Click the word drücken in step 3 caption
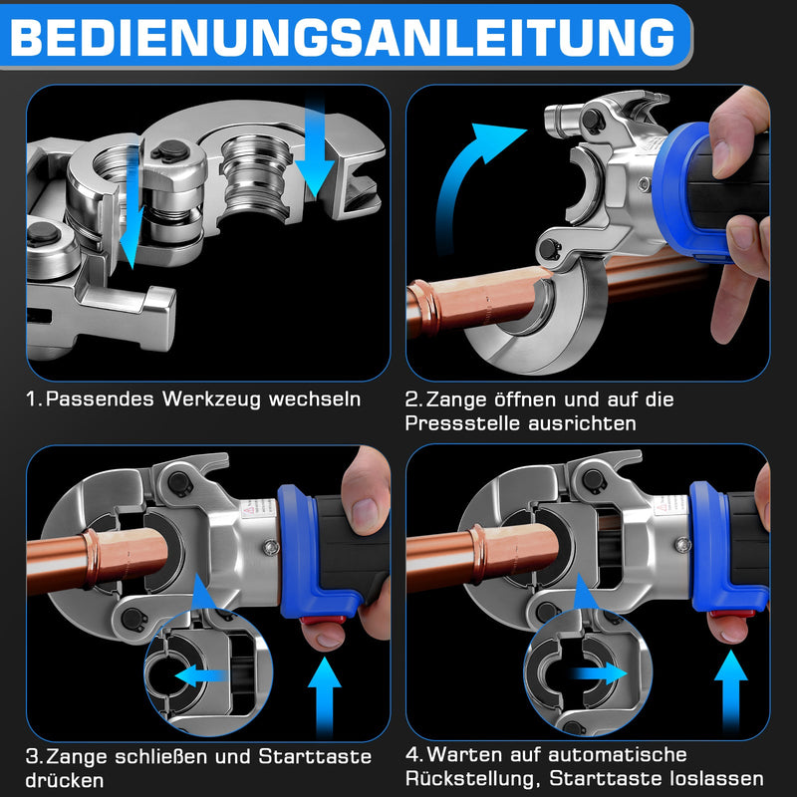(66, 781)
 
